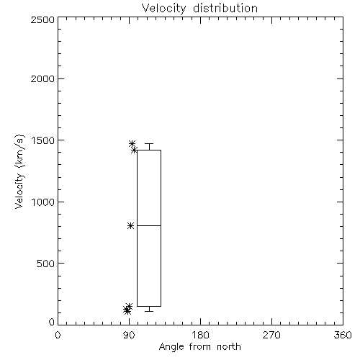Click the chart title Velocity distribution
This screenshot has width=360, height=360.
point(199,8)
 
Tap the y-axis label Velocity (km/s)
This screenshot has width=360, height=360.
point(19,171)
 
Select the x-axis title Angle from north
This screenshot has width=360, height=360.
point(199,347)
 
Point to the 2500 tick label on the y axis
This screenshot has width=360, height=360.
point(42,19)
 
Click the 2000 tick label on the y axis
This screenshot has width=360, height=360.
point(42,78)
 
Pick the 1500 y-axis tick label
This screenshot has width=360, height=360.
point(43,140)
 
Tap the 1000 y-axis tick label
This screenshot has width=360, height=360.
point(43,202)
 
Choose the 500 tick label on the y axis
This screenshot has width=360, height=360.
point(46,264)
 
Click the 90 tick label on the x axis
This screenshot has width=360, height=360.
point(129,335)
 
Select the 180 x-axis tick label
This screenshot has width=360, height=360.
point(200,335)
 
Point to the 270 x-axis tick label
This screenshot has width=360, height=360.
point(271,335)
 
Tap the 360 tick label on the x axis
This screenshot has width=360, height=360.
point(343,335)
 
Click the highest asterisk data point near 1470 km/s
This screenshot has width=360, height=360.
point(132,144)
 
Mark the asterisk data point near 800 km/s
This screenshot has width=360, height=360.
point(130,226)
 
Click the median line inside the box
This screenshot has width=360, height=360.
point(149,225)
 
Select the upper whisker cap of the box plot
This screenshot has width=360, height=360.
point(149,144)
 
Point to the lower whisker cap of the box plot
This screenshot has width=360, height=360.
point(149,311)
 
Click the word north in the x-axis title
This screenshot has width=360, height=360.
point(229,347)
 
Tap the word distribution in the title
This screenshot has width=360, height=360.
point(225,8)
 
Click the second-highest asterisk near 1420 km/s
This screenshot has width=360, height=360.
point(134,150)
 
